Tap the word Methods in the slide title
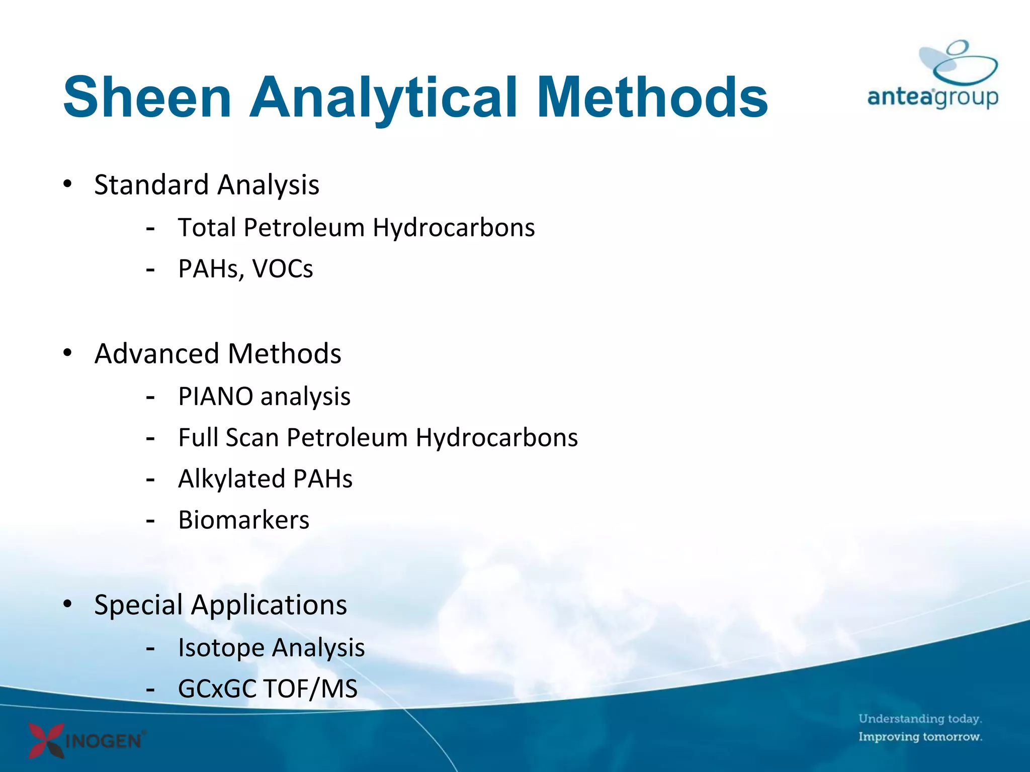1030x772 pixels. coord(652,96)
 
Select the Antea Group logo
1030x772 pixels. coord(933,75)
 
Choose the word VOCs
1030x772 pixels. coord(283,269)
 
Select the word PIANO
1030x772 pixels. coord(215,397)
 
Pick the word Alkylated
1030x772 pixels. coord(232,479)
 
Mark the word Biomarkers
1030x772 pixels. coord(244,520)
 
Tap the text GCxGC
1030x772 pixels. coord(217,689)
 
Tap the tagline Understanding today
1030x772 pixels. coord(920,719)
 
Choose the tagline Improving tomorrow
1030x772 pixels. coord(920,737)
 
